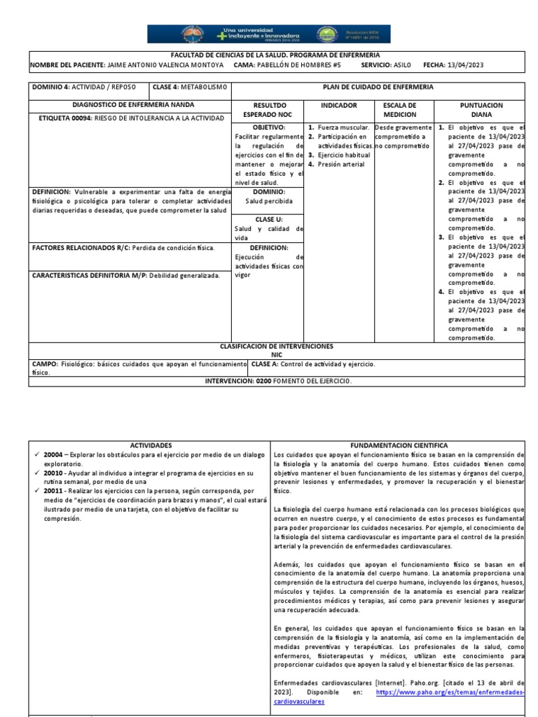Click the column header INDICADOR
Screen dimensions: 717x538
pyautogui.click(x=338, y=106)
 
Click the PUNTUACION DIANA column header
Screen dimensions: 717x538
pyautogui.click(x=481, y=110)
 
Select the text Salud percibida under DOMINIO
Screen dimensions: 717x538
pyautogui.click(x=269, y=200)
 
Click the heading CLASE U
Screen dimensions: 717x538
pyautogui.click(x=269, y=219)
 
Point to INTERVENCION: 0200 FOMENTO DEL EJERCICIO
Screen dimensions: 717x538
pyautogui.click(x=279, y=381)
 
